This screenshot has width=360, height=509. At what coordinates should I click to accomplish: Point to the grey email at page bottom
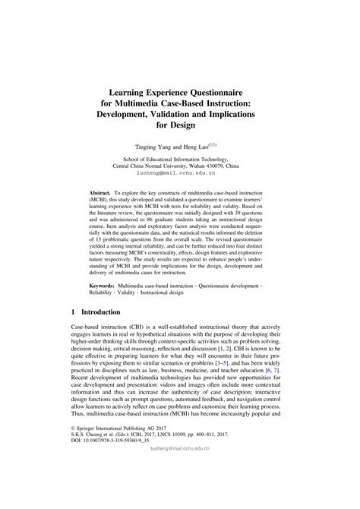tap(181, 492)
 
